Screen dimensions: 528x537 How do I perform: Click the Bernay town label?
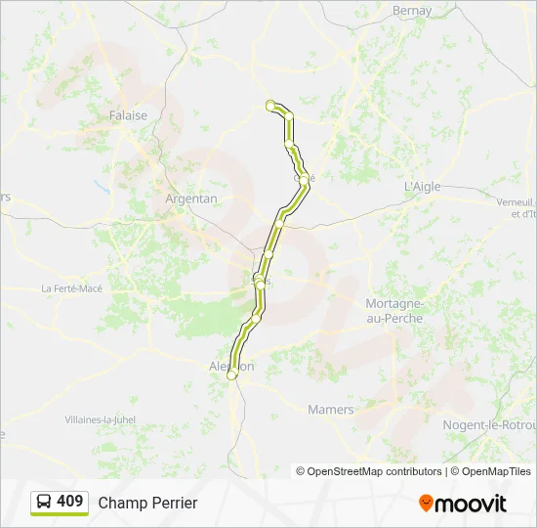coord(411,11)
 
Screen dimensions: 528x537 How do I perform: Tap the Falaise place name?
coord(128,115)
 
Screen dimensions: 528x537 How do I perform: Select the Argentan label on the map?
coord(191,198)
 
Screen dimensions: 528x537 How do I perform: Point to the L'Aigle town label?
coord(424,187)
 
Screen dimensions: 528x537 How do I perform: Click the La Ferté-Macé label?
coord(71,288)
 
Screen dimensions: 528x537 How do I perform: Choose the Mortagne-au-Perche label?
coord(393,311)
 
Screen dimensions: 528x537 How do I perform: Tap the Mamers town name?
coord(330,410)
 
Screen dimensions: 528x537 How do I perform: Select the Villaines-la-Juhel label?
coord(101,419)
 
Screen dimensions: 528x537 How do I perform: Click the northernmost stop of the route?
coord(269,105)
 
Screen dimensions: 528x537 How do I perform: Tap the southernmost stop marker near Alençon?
coord(231,374)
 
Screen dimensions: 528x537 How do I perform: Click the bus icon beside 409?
coord(44,503)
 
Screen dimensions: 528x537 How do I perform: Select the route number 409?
coord(70,502)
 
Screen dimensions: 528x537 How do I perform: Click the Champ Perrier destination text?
coord(147,503)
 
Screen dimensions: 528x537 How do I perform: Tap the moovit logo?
coord(463,504)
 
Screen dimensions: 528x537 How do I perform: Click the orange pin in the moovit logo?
coord(426,504)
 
